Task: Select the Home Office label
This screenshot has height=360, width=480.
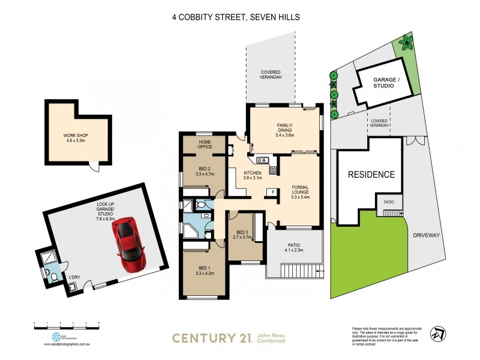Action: coord(205,144)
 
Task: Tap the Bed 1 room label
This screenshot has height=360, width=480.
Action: coord(205,271)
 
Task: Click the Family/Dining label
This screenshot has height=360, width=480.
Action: coord(284,131)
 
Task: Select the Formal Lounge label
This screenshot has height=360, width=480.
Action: coord(299,191)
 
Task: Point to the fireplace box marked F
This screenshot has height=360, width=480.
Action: coord(273,192)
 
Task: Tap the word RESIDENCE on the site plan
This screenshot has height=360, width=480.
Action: coord(372,175)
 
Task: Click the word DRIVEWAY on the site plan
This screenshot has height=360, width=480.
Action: coord(426,236)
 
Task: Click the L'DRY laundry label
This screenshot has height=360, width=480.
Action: coord(74,277)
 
